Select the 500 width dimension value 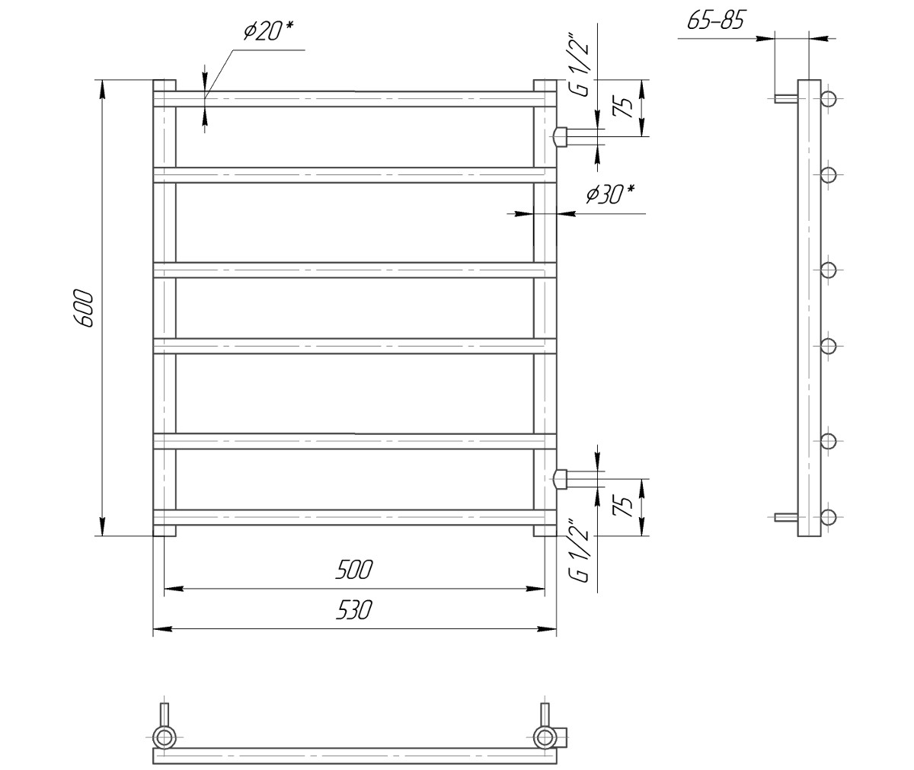coord(354,570)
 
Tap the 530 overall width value coord(354,610)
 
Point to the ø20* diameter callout coord(267,31)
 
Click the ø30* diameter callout coord(610,195)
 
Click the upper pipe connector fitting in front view coord(561,136)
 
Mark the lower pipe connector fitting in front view coord(561,479)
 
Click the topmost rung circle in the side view coord(829,98)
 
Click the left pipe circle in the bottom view coord(164,736)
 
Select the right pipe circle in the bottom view coord(545,736)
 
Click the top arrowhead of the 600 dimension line coord(102,88)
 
